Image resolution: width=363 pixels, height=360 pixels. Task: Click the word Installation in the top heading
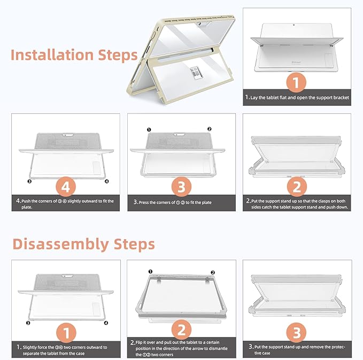click(x=52, y=55)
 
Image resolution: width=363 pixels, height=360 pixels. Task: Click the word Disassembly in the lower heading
click(x=61, y=244)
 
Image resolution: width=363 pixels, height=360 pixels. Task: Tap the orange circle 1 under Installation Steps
click(x=296, y=82)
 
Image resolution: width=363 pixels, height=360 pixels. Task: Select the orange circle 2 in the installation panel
click(x=297, y=187)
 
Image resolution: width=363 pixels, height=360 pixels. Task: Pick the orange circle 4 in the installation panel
click(x=66, y=187)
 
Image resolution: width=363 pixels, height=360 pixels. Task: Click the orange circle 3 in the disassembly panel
click(x=296, y=333)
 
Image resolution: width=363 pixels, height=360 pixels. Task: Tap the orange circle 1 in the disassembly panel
click(x=66, y=333)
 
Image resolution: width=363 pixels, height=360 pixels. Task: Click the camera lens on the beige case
click(x=199, y=24)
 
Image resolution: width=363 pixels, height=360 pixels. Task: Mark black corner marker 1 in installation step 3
click(x=149, y=130)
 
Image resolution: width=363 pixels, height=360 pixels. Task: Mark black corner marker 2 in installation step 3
click(x=209, y=129)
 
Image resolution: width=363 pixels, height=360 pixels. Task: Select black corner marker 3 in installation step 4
click(x=29, y=181)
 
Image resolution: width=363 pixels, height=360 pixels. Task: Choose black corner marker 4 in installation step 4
click(x=107, y=181)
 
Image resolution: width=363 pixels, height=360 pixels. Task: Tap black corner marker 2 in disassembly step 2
click(x=213, y=272)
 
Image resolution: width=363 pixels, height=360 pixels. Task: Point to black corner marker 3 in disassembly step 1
click(x=28, y=323)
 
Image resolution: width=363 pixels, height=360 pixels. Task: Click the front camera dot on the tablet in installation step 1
click(x=294, y=25)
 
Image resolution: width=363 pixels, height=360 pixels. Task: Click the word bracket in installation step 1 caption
click(x=341, y=98)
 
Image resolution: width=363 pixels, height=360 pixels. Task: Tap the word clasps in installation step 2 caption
click(x=324, y=201)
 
